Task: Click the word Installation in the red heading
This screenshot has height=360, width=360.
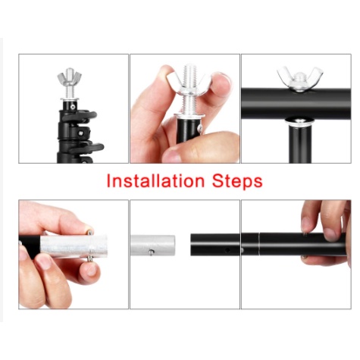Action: [x=155, y=181]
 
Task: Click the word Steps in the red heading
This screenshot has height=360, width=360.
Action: [x=237, y=181]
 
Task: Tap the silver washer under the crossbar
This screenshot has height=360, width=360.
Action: [x=299, y=121]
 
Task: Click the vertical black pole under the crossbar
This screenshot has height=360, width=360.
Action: [x=300, y=144]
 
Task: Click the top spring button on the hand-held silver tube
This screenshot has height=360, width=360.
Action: [x=89, y=231]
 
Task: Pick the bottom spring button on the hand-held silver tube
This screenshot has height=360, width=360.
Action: [x=89, y=258]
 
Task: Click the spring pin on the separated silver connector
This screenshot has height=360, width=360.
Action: [x=151, y=252]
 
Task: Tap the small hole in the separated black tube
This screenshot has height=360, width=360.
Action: [x=227, y=250]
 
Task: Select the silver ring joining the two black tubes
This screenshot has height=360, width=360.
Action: [x=259, y=244]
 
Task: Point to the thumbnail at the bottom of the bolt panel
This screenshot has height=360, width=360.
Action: [x=172, y=154]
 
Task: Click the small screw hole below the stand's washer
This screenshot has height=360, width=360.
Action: [x=73, y=107]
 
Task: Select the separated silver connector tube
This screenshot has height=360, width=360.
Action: [x=153, y=245]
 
